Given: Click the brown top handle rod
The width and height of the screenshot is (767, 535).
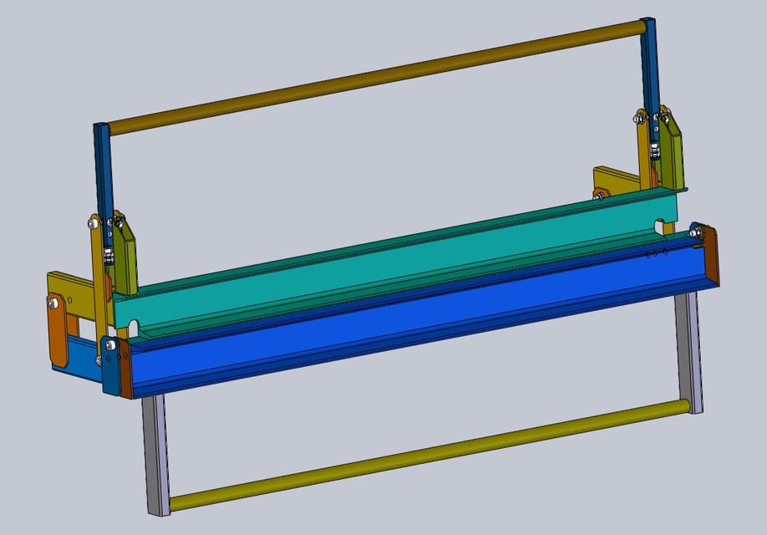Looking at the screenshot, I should [x=376, y=76].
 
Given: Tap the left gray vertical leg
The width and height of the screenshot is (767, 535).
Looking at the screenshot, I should [x=156, y=456].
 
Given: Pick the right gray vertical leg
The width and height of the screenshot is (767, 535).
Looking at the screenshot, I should [x=690, y=351].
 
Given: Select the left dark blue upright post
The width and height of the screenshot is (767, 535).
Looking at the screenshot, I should [x=102, y=167].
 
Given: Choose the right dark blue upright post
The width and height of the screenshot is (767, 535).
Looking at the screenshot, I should [x=648, y=67].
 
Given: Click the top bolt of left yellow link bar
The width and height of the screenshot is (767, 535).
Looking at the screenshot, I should [x=94, y=223].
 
